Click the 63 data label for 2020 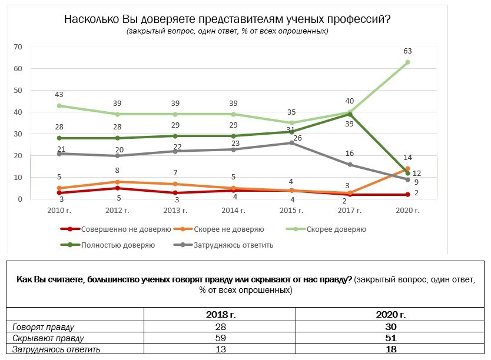(x=407, y=51)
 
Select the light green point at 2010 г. (x=59, y=106)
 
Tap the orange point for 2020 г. (x=407, y=169)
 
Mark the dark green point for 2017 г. (x=350, y=115)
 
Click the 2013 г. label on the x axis (x=175, y=210)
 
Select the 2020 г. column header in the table (x=389, y=315)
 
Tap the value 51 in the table (x=389, y=338)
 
